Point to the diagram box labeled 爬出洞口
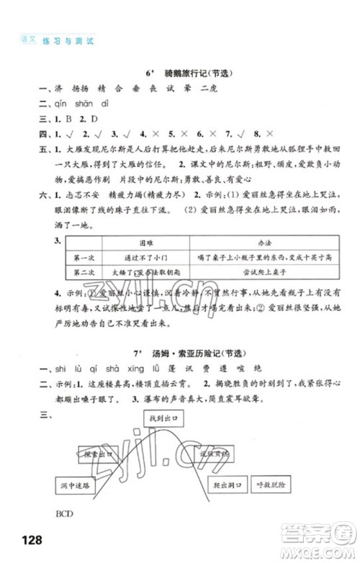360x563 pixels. coord(225,486)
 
